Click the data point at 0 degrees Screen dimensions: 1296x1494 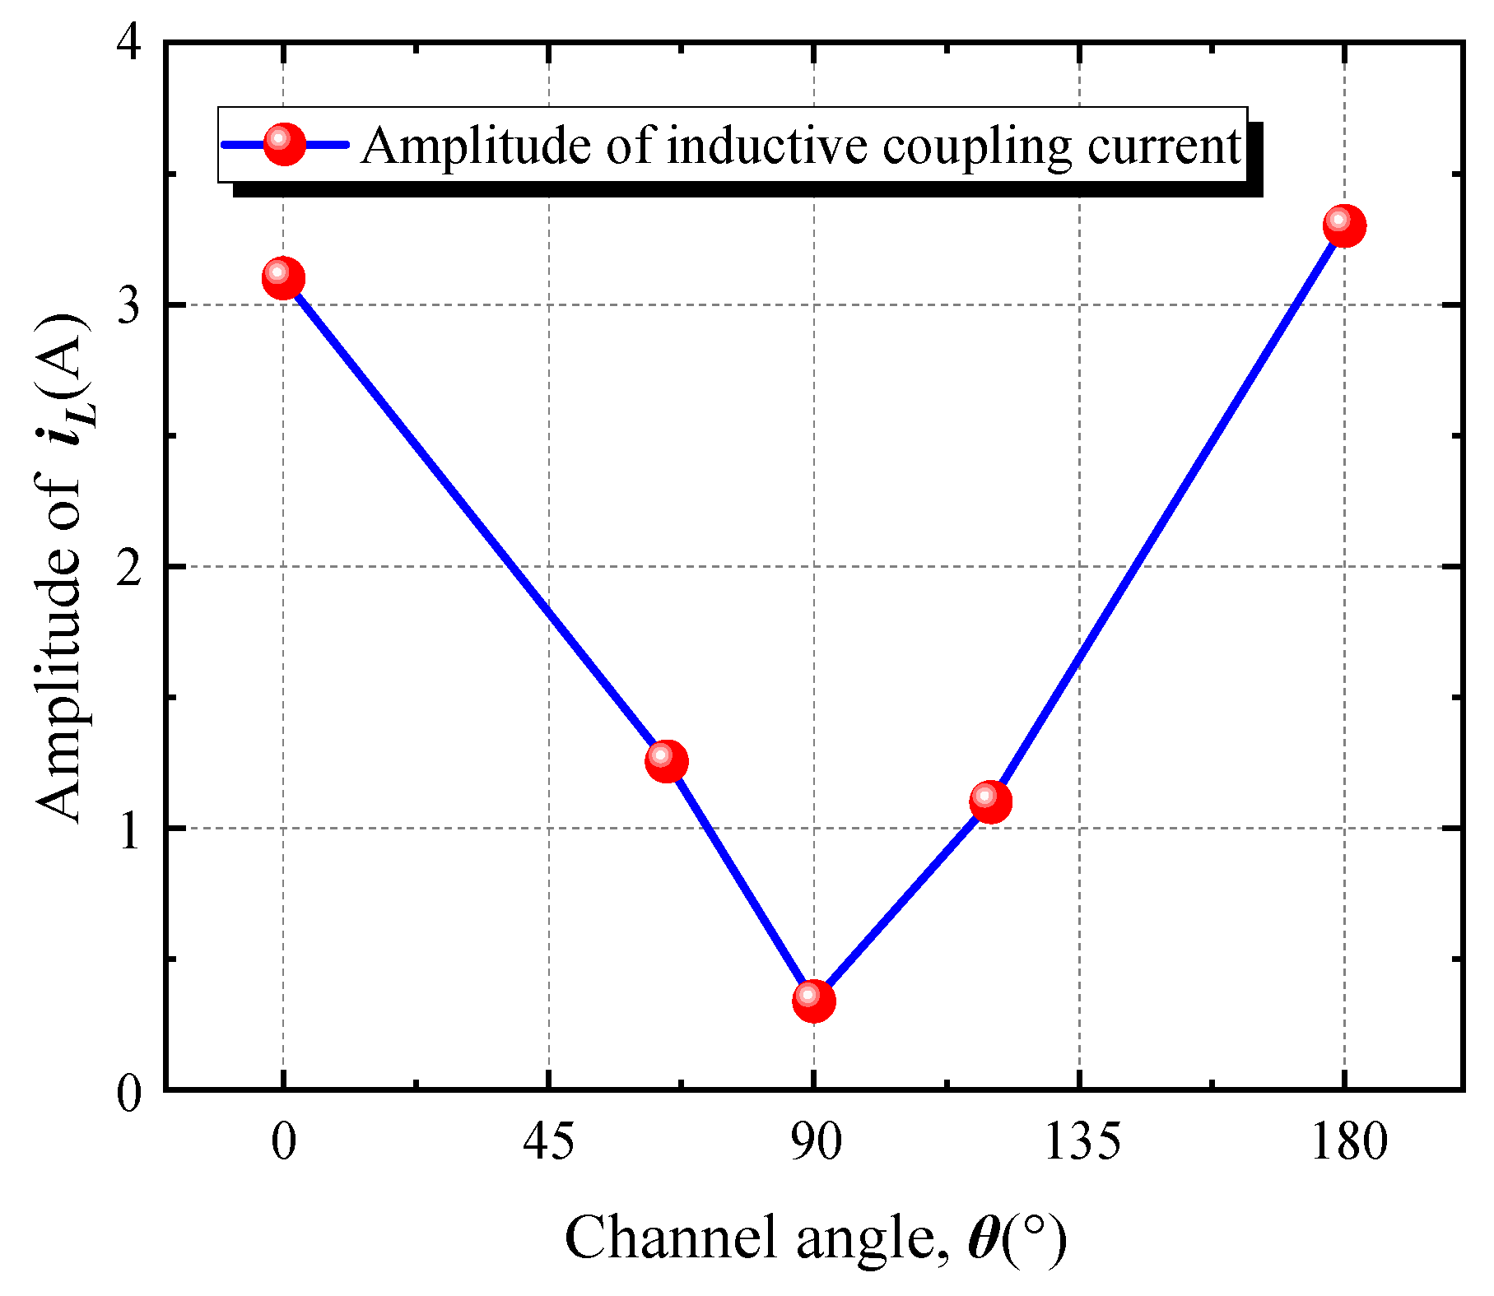click(283, 279)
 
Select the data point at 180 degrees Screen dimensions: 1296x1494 click(1344, 225)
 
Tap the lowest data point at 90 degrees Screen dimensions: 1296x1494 click(813, 1000)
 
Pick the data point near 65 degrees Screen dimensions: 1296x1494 click(666, 760)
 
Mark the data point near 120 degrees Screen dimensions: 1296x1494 click(990, 801)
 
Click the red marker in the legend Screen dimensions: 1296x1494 click(284, 144)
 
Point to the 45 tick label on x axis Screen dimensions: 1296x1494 click(548, 1142)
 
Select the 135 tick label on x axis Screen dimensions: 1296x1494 click(1081, 1142)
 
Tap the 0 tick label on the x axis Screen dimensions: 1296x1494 click(283, 1142)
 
